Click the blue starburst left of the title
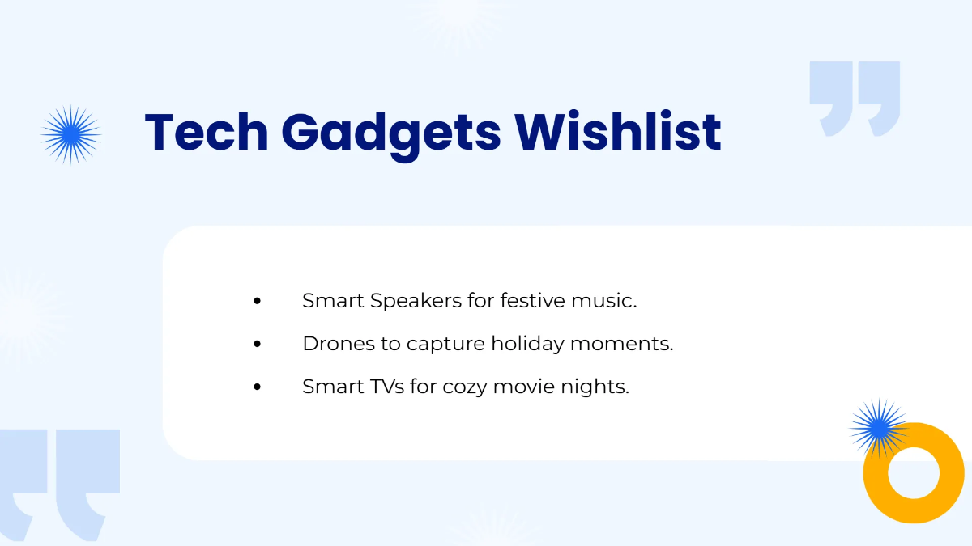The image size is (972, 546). click(71, 134)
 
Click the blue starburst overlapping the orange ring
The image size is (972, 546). click(878, 427)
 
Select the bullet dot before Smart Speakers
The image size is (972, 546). click(258, 301)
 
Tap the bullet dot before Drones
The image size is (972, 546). click(258, 344)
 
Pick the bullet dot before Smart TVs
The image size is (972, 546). click(258, 387)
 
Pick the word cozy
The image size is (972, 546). click(463, 387)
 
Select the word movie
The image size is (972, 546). click(521, 387)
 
